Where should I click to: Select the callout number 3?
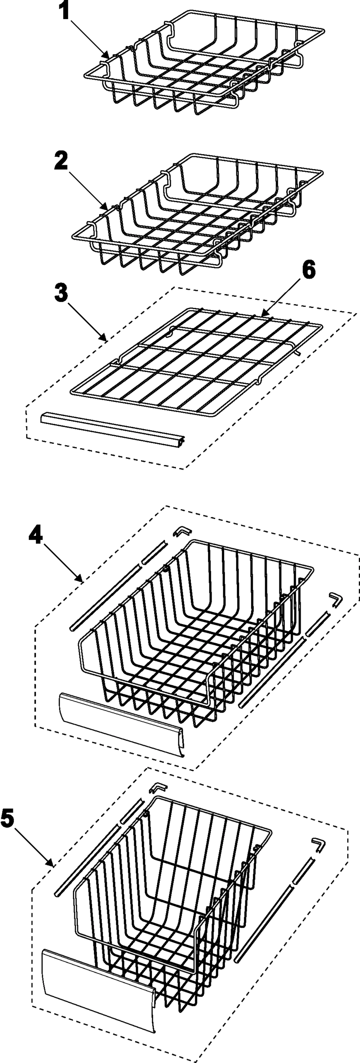[x=62, y=293]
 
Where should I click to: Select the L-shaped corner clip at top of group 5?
[x=158, y=787]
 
